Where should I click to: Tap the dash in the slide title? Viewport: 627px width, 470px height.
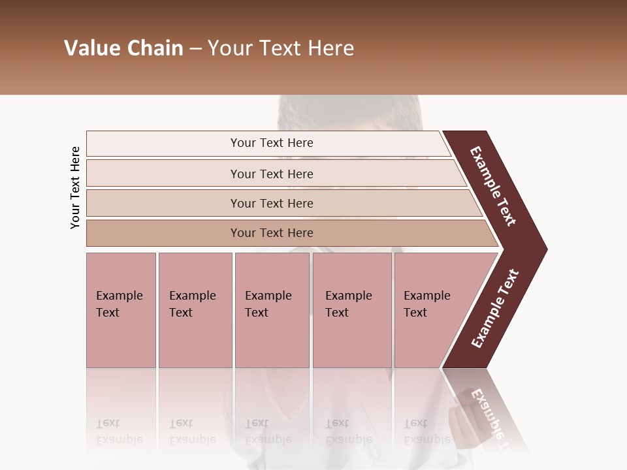pos(195,49)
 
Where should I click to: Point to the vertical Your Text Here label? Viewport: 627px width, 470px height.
pos(75,187)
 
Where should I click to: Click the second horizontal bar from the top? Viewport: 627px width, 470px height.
pos(272,174)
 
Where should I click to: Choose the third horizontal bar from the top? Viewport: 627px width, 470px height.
pos(272,203)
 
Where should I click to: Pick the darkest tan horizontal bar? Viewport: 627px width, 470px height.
pos(272,233)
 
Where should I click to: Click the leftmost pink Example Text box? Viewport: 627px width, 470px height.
pos(121,310)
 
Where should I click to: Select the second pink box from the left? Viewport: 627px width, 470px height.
pos(195,310)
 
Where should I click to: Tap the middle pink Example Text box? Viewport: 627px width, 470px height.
pos(272,310)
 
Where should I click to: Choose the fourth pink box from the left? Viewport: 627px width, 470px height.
pos(351,310)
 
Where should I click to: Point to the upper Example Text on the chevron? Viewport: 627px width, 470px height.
pos(493,186)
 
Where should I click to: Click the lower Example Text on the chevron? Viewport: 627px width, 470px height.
pos(495,309)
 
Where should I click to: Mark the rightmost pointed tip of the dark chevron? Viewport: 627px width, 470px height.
pos(546,249)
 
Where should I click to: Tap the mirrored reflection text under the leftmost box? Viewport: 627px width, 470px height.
pos(119,431)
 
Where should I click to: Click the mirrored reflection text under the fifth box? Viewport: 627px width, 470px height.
pos(426,431)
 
